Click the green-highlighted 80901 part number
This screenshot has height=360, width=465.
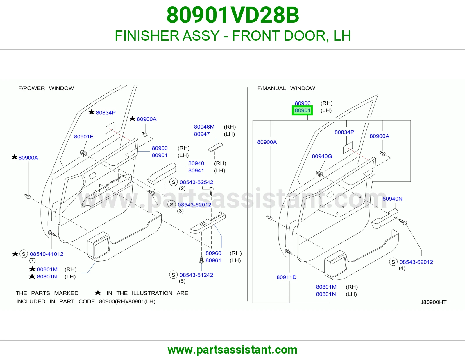click(x=302, y=110)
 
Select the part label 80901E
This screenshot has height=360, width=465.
click(x=84, y=137)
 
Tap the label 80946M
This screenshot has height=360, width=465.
click(x=204, y=127)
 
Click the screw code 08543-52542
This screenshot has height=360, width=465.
click(x=196, y=182)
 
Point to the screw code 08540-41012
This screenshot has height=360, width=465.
click(x=46, y=254)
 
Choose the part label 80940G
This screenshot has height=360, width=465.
click(x=322, y=156)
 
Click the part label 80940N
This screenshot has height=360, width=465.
click(x=392, y=199)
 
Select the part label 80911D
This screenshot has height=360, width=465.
click(x=286, y=277)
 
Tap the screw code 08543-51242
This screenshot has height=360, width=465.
click(x=196, y=275)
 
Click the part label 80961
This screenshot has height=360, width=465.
click(x=213, y=260)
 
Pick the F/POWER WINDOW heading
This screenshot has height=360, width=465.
click(x=46, y=88)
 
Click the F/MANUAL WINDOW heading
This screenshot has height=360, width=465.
click(x=286, y=88)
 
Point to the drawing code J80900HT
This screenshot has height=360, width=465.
click(x=433, y=302)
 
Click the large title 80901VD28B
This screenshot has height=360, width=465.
click(x=233, y=15)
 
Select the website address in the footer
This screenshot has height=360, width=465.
click(x=233, y=350)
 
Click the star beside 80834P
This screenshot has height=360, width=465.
click(x=92, y=112)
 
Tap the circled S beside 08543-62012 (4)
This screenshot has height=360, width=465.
click(x=393, y=262)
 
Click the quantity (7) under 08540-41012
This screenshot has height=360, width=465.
click(x=32, y=260)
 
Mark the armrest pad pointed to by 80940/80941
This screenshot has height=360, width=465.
click(x=162, y=173)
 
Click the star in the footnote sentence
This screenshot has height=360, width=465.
click(x=98, y=293)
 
